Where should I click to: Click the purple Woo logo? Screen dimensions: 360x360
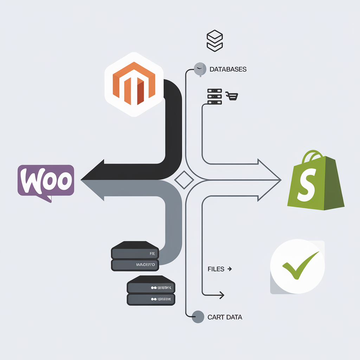pos(46,181)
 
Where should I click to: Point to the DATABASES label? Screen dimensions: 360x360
pos(228,69)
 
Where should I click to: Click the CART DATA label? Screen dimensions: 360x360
pos(225,317)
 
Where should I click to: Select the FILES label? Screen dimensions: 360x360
pos(216,269)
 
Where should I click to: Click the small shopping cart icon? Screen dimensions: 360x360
pos(232,96)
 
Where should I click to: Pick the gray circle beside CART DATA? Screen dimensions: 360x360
pos(199,316)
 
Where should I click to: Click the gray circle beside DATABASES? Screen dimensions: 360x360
pos(200,69)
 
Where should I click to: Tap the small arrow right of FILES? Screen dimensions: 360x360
pos(230,269)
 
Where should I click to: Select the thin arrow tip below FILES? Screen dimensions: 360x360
pos(222,295)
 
